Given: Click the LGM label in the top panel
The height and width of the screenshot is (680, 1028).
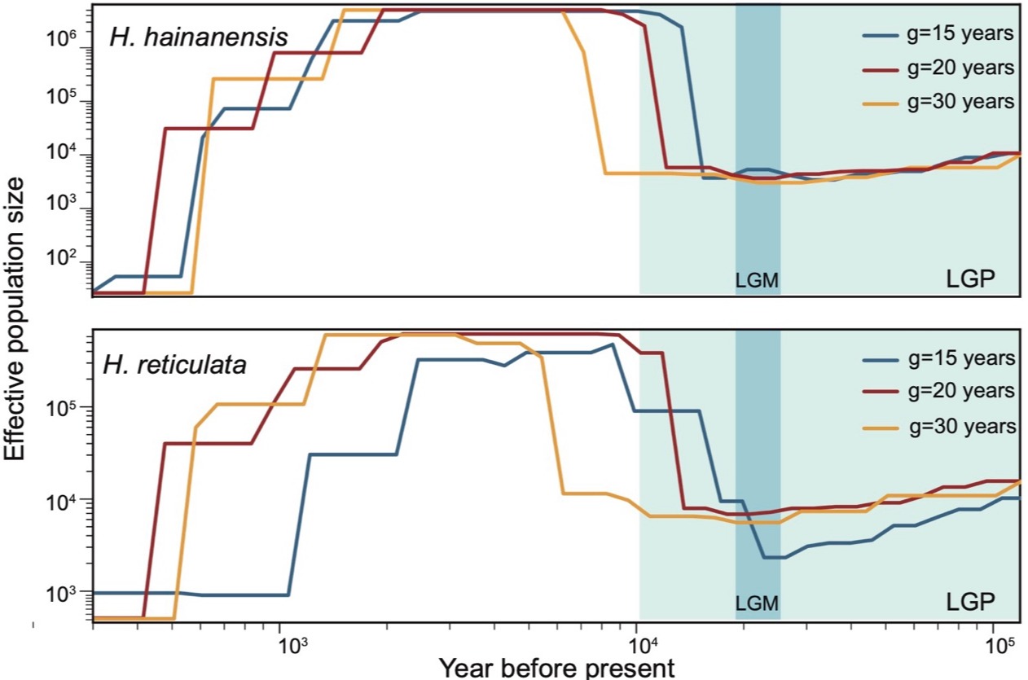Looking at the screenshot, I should click(758, 281).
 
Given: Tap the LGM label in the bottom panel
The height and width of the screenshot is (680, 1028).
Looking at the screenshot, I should click(758, 603).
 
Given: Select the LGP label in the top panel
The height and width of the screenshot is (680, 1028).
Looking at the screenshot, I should click(971, 279).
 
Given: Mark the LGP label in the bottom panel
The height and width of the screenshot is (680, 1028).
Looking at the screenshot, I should click(971, 603).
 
